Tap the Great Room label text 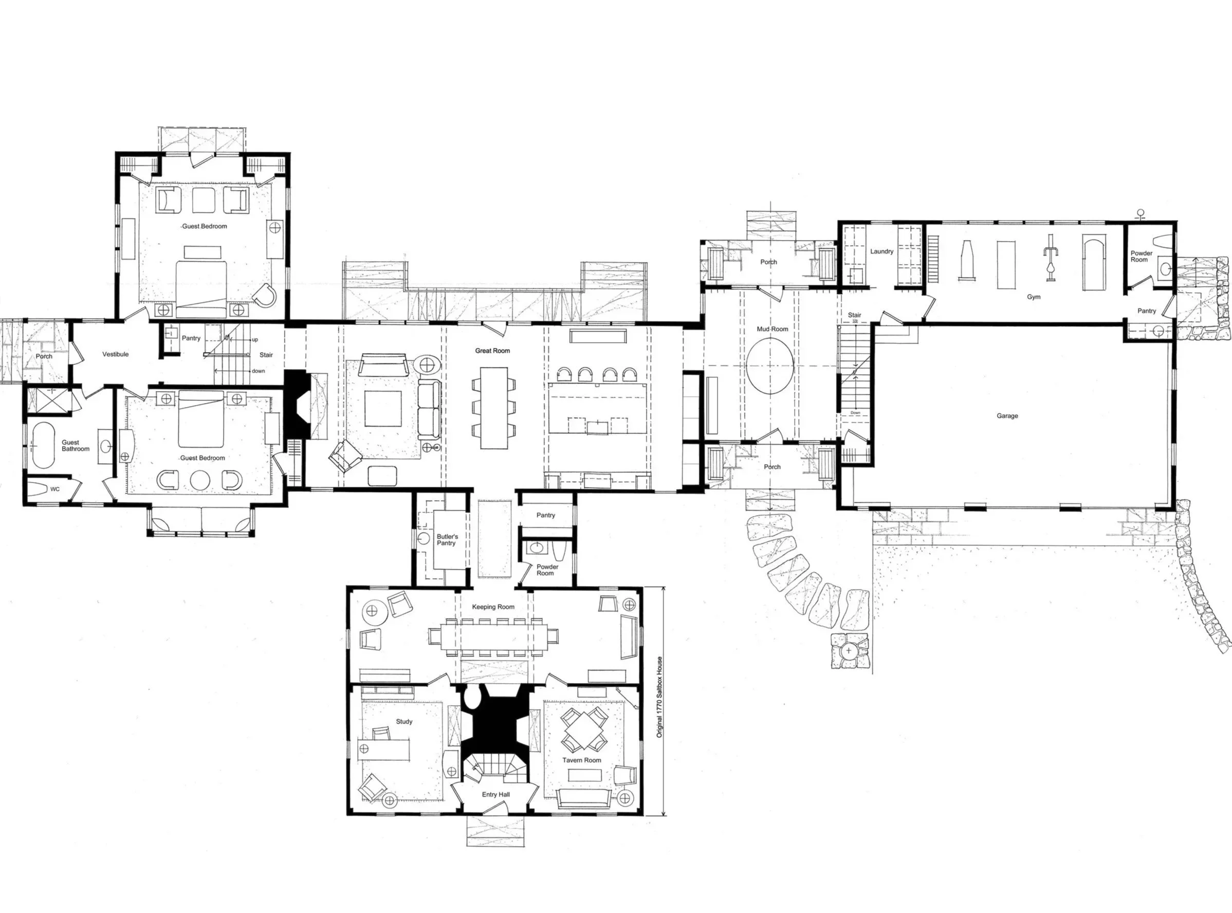(x=492, y=351)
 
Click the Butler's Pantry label (x=447, y=539)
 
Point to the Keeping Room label (x=493, y=607)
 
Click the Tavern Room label (x=581, y=760)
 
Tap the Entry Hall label (x=495, y=794)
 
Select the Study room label (x=404, y=721)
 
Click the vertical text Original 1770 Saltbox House (x=659, y=697)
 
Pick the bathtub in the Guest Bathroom (x=43, y=445)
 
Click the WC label (x=54, y=489)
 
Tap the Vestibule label (x=115, y=354)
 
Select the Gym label (x=1033, y=297)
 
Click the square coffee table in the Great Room (x=383, y=408)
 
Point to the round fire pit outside (x=849, y=651)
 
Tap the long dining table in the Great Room (x=494, y=408)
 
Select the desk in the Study (x=385, y=750)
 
